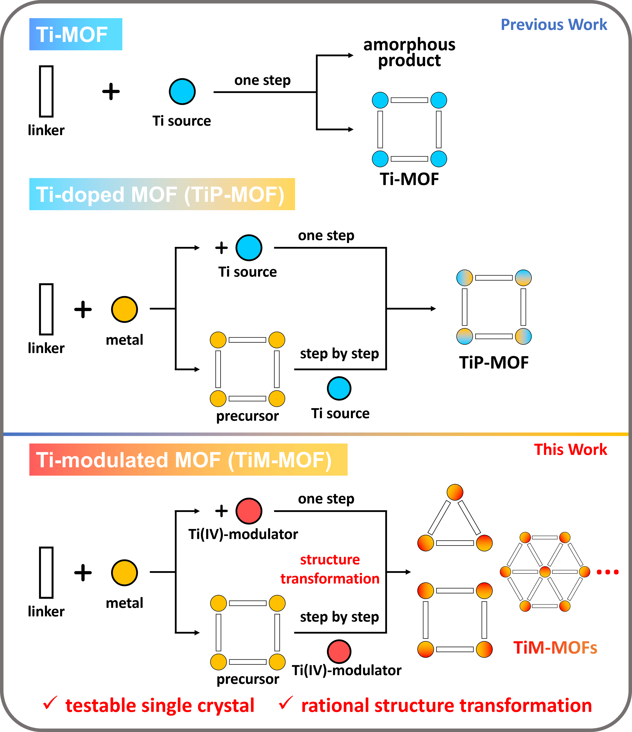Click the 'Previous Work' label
[x=554, y=25]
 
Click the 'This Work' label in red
[x=570, y=450]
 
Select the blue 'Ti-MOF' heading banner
[x=76, y=34]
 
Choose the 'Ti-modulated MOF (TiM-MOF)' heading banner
[x=188, y=460]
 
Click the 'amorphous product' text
[x=409, y=52]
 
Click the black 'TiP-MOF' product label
[x=494, y=362]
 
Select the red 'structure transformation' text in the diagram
[x=330, y=569]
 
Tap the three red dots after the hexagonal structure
[x=607, y=572]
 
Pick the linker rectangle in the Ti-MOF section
[x=46, y=91]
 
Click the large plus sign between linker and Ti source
[x=111, y=91]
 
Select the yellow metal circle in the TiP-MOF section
[x=124, y=309]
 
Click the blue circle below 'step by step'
[x=339, y=389]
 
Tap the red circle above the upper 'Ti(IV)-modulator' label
[x=249, y=511]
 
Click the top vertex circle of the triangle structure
[x=455, y=492]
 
